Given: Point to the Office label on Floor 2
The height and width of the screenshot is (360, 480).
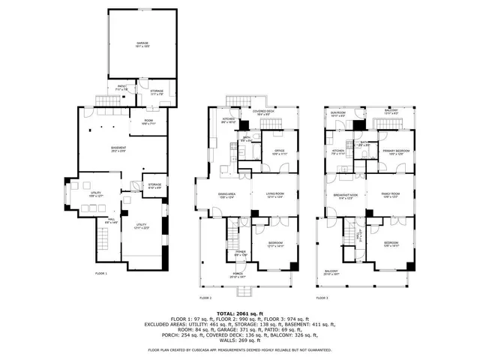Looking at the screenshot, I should [278, 151].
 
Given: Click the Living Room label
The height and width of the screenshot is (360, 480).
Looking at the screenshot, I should [274, 196].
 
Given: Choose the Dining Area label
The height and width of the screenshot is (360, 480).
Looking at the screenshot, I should [227, 196].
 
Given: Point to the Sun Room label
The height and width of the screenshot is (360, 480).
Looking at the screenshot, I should [337, 115].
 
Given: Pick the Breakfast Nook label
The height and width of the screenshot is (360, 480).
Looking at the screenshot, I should [345, 196].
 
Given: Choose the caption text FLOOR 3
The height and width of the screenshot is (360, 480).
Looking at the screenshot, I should [322, 298].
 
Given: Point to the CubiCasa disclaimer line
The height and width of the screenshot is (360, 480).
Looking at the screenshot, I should [239, 349].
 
